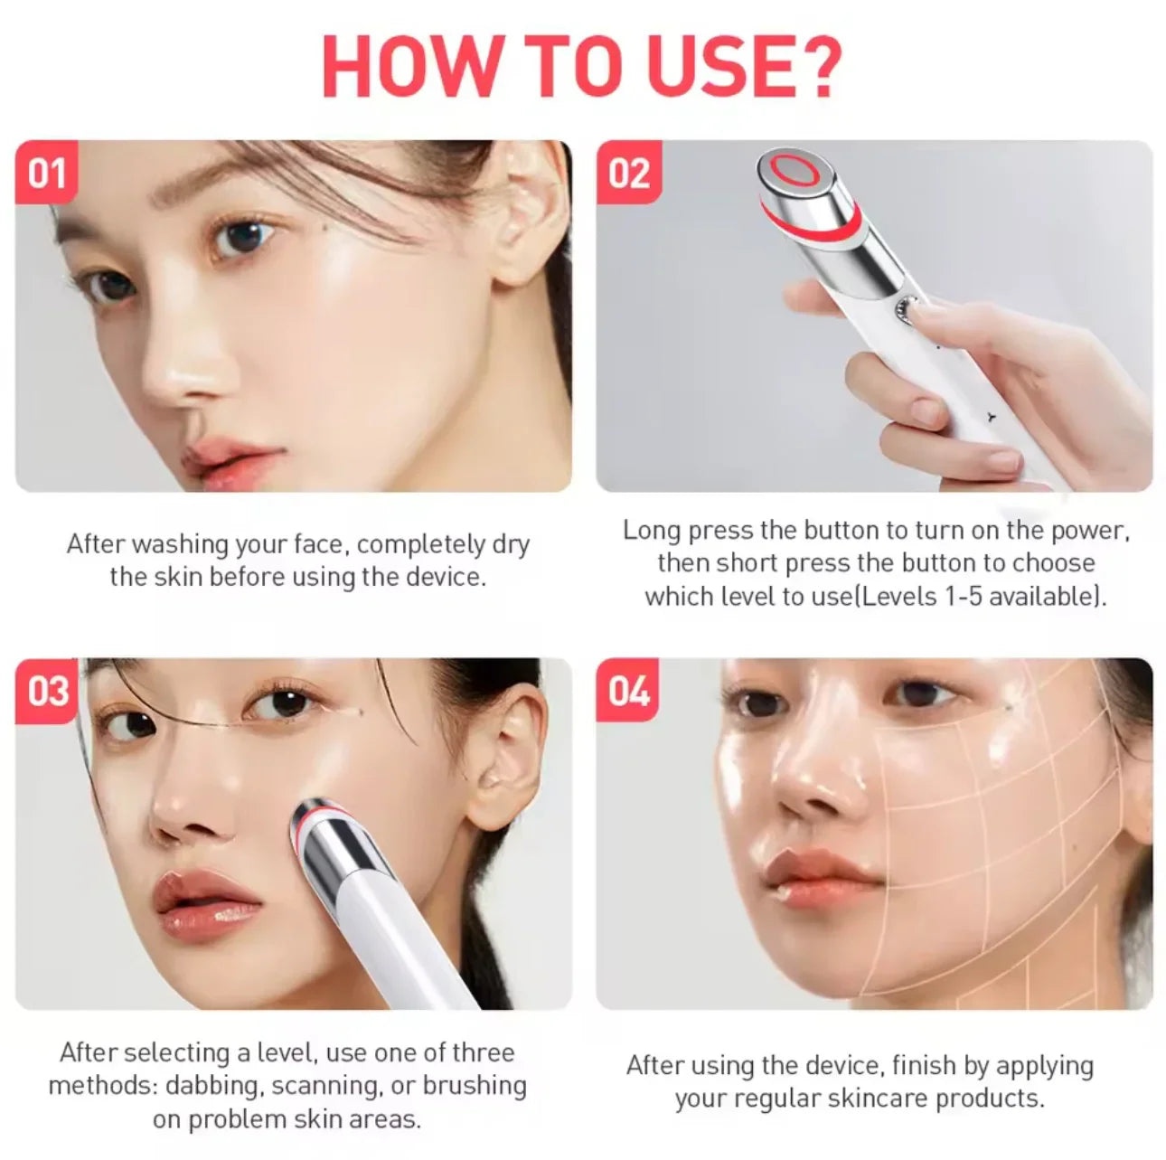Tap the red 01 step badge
click(x=47, y=172)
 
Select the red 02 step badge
click(x=628, y=172)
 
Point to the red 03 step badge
click(x=47, y=691)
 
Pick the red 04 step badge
click(x=628, y=691)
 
